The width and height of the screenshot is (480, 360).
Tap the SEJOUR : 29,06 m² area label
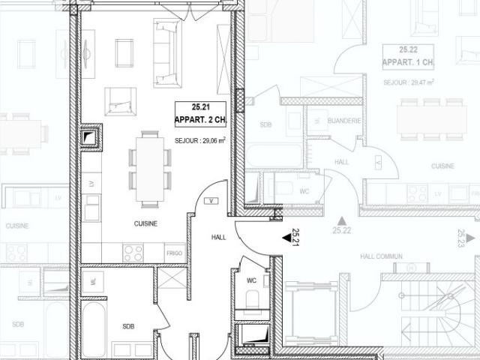click(200, 140)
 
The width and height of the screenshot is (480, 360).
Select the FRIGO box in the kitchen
click(174, 253)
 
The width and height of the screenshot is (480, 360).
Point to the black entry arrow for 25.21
click(286, 238)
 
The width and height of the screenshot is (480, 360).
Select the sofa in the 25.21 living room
click(166, 52)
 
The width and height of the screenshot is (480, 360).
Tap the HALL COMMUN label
click(381, 256)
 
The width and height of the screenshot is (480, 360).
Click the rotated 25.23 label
click(460, 238)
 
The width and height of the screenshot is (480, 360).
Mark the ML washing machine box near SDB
click(92, 280)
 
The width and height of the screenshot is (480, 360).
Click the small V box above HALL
click(213, 201)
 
